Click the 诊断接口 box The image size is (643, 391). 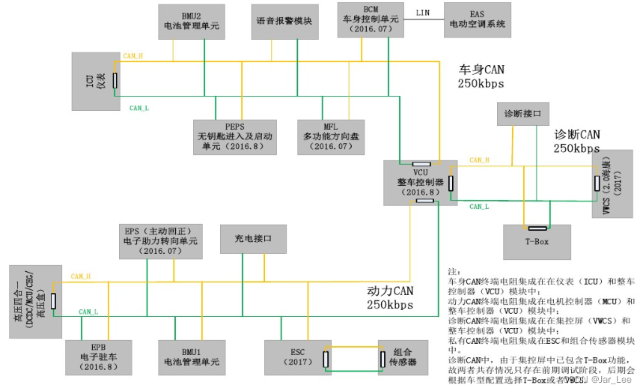[x=523, y=115]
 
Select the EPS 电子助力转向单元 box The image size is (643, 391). [x=160, y=240]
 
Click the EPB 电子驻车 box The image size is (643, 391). [x=98, y=357]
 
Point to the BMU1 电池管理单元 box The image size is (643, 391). [x=192, y=357]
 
